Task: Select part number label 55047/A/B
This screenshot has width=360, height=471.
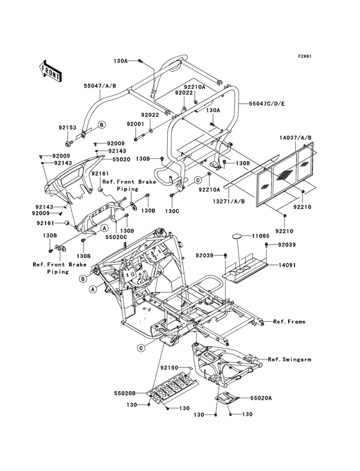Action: click(x=100, y=86)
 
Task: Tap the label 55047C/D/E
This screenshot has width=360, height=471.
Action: click(x=267, y=104)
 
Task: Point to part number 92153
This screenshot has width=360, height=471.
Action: click(x=67, y=127)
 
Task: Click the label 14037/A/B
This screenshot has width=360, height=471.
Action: click(x=296, y=138)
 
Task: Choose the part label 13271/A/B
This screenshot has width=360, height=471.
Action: click(x=228, y=201)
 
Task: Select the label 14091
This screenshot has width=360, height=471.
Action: click(x=287, y=265)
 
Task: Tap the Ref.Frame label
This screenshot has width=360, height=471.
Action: click(x=289, y=322)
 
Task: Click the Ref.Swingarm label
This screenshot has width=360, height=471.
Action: click(x=289, y=359)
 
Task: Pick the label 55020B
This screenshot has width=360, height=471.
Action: click(x=125, y=393)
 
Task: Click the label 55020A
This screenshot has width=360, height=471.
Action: click(x=261, y=398)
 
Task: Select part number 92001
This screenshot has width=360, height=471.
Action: click(x=135, y=124)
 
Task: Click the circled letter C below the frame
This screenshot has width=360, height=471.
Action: click(x=141, y=348)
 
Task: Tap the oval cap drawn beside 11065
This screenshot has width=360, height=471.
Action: click(x=237, y=236)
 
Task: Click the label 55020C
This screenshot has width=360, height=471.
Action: click(x=116, y=237)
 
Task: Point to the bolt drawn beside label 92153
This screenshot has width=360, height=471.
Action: click(x=68, y=140)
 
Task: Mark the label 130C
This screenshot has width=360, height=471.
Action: click(x=172, y=211)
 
